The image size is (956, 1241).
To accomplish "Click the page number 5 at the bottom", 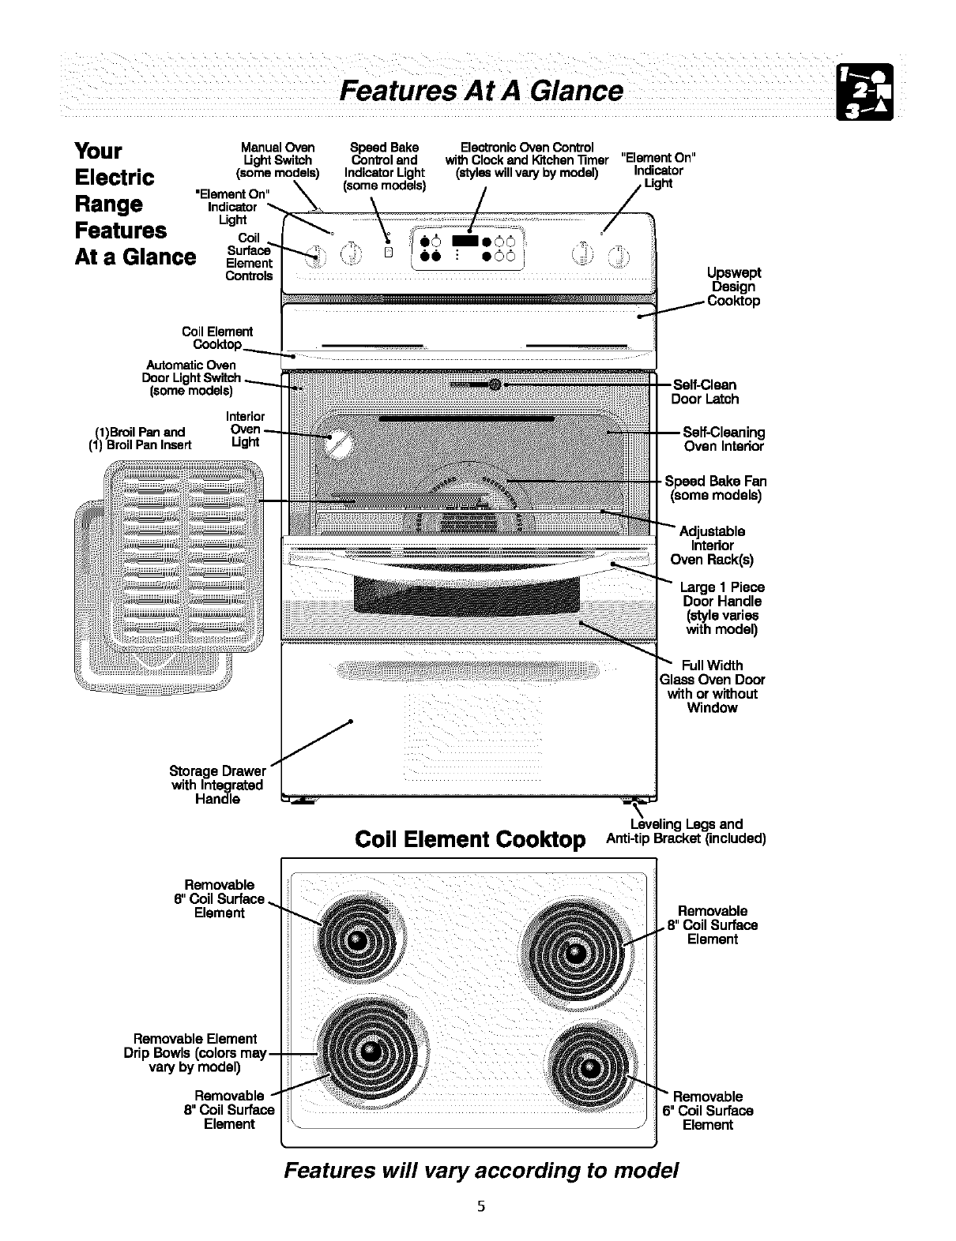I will click(479, 1206).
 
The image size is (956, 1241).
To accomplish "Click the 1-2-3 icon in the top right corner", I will click(865, 92).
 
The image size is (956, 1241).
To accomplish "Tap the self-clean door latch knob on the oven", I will click(495, 385).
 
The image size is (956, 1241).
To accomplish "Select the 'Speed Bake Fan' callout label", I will click(715, 488).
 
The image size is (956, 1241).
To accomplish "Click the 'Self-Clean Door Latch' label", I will click(705, 392).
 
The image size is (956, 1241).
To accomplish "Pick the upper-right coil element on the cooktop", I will click(577, 949).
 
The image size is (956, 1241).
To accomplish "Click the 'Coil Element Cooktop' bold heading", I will click(470, 839).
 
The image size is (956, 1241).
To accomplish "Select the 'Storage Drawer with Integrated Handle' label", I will click(217, 785).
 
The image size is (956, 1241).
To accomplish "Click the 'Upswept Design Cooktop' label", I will click(734, 287).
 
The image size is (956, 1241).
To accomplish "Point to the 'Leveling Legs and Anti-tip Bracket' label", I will click(686, 831).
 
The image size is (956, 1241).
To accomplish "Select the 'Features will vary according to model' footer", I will click(481, 1170).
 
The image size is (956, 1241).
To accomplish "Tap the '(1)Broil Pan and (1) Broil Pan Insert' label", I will click(140, 438).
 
